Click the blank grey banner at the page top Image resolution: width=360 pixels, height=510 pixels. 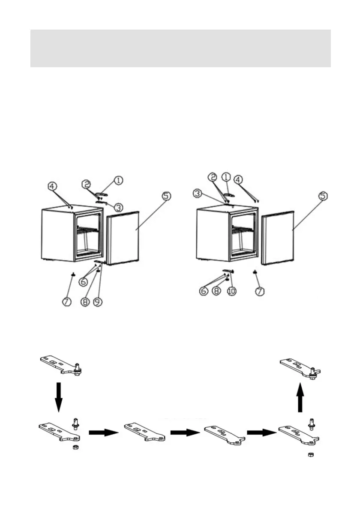(x=180, y=48)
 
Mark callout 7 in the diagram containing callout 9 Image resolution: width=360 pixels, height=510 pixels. (x=67, y=301)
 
